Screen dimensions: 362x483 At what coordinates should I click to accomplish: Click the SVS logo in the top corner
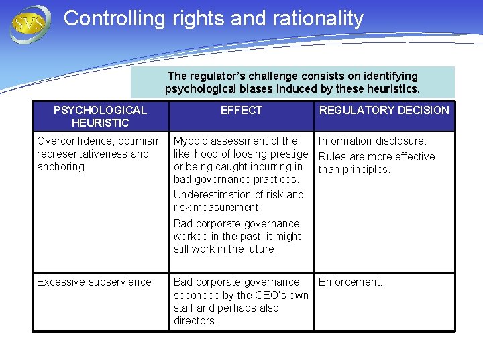click(x=30, y=24)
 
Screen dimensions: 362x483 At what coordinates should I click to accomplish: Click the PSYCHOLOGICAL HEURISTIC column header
click(x=100, y=116)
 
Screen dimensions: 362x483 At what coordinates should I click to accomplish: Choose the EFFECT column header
click(x=241, y=110)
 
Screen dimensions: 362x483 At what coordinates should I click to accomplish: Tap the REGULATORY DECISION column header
click(x=384, y=110)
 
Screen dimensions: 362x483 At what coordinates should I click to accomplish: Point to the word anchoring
click(x=60, y=166)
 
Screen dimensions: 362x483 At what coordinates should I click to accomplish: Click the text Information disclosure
click(x=372, y=141)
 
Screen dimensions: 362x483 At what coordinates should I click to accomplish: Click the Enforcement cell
click(x=350, y=282)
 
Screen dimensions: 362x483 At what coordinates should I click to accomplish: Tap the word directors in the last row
click(x=195, y=320)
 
